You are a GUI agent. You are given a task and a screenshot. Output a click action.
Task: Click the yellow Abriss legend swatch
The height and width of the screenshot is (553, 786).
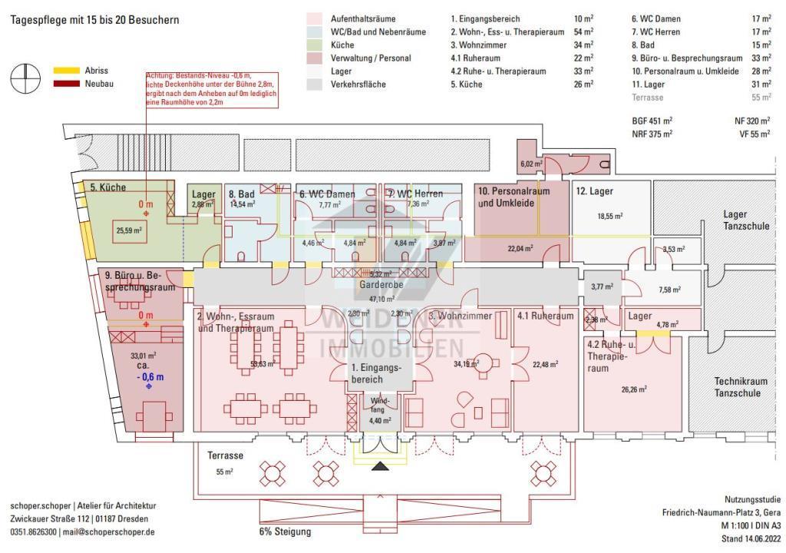(66, 70)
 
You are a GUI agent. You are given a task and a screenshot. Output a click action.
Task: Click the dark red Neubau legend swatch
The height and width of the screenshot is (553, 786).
(66, 83)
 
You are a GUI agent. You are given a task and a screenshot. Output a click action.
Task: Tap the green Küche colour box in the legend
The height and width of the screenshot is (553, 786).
(313, 45)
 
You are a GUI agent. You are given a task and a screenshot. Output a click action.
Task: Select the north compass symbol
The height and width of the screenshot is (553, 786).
(25, 77)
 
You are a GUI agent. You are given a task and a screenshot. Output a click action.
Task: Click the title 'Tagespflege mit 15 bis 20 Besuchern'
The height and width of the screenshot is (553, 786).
(94, 20)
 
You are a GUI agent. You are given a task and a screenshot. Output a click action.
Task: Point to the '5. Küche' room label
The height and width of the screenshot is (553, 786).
(108, 187)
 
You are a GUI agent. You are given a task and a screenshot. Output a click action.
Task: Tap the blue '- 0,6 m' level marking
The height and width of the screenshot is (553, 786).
(150, 376)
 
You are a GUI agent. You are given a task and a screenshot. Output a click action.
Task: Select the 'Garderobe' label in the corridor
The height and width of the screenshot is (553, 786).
(381, 284)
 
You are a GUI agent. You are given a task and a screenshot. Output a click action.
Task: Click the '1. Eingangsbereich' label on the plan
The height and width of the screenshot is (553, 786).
(376, 374)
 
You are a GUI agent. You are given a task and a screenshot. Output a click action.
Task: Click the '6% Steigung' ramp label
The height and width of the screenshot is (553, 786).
(285, 531)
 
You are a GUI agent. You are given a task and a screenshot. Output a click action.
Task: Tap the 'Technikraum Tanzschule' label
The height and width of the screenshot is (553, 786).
(738, 387)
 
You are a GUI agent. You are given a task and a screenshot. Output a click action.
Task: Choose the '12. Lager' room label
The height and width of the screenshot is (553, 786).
(595, 190)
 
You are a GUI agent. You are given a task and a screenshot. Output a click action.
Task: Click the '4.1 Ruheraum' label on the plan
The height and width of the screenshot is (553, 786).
(545, 316)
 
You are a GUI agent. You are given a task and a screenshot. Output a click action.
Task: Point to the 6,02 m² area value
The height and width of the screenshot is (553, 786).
(532, 164)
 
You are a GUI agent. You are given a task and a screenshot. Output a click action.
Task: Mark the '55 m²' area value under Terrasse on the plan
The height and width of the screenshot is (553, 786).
(223, 472)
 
